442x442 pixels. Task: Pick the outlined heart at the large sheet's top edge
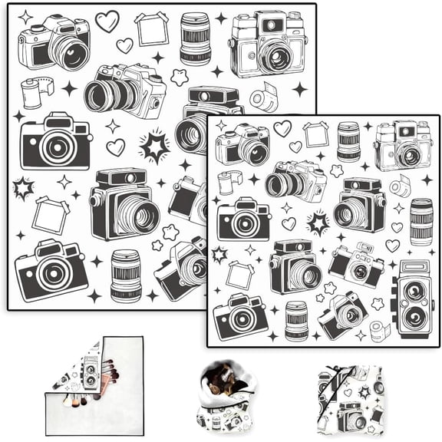coord(107,21)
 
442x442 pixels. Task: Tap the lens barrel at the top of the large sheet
coord(195,39)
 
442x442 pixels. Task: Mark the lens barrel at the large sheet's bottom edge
coord(127,275)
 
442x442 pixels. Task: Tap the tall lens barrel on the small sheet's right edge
coord(421,222)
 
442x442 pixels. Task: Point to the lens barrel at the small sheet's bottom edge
coord(296,320)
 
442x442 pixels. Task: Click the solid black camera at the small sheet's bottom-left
coord(240,315)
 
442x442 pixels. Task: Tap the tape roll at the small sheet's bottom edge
coord(380,331)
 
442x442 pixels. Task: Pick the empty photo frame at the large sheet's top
coord(152,29)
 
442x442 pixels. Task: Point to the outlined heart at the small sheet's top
coord(282,128)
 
